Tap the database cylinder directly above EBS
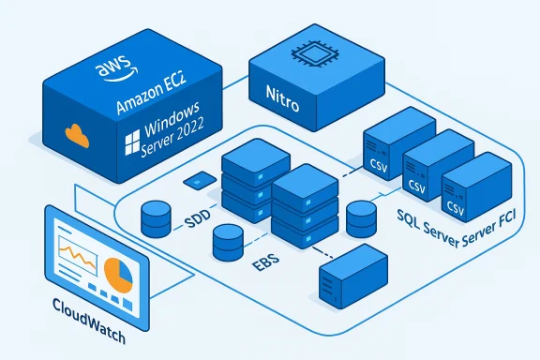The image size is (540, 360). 227,245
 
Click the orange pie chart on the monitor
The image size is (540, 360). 117,275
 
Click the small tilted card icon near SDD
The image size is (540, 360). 196,179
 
